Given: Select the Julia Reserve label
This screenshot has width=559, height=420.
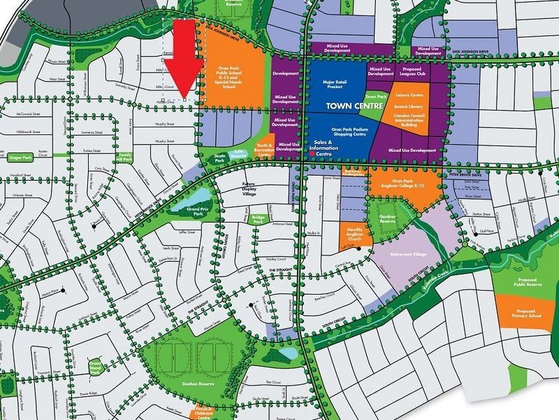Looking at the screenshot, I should [239, 151].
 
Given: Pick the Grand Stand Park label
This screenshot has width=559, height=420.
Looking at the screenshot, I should [96, 368].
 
